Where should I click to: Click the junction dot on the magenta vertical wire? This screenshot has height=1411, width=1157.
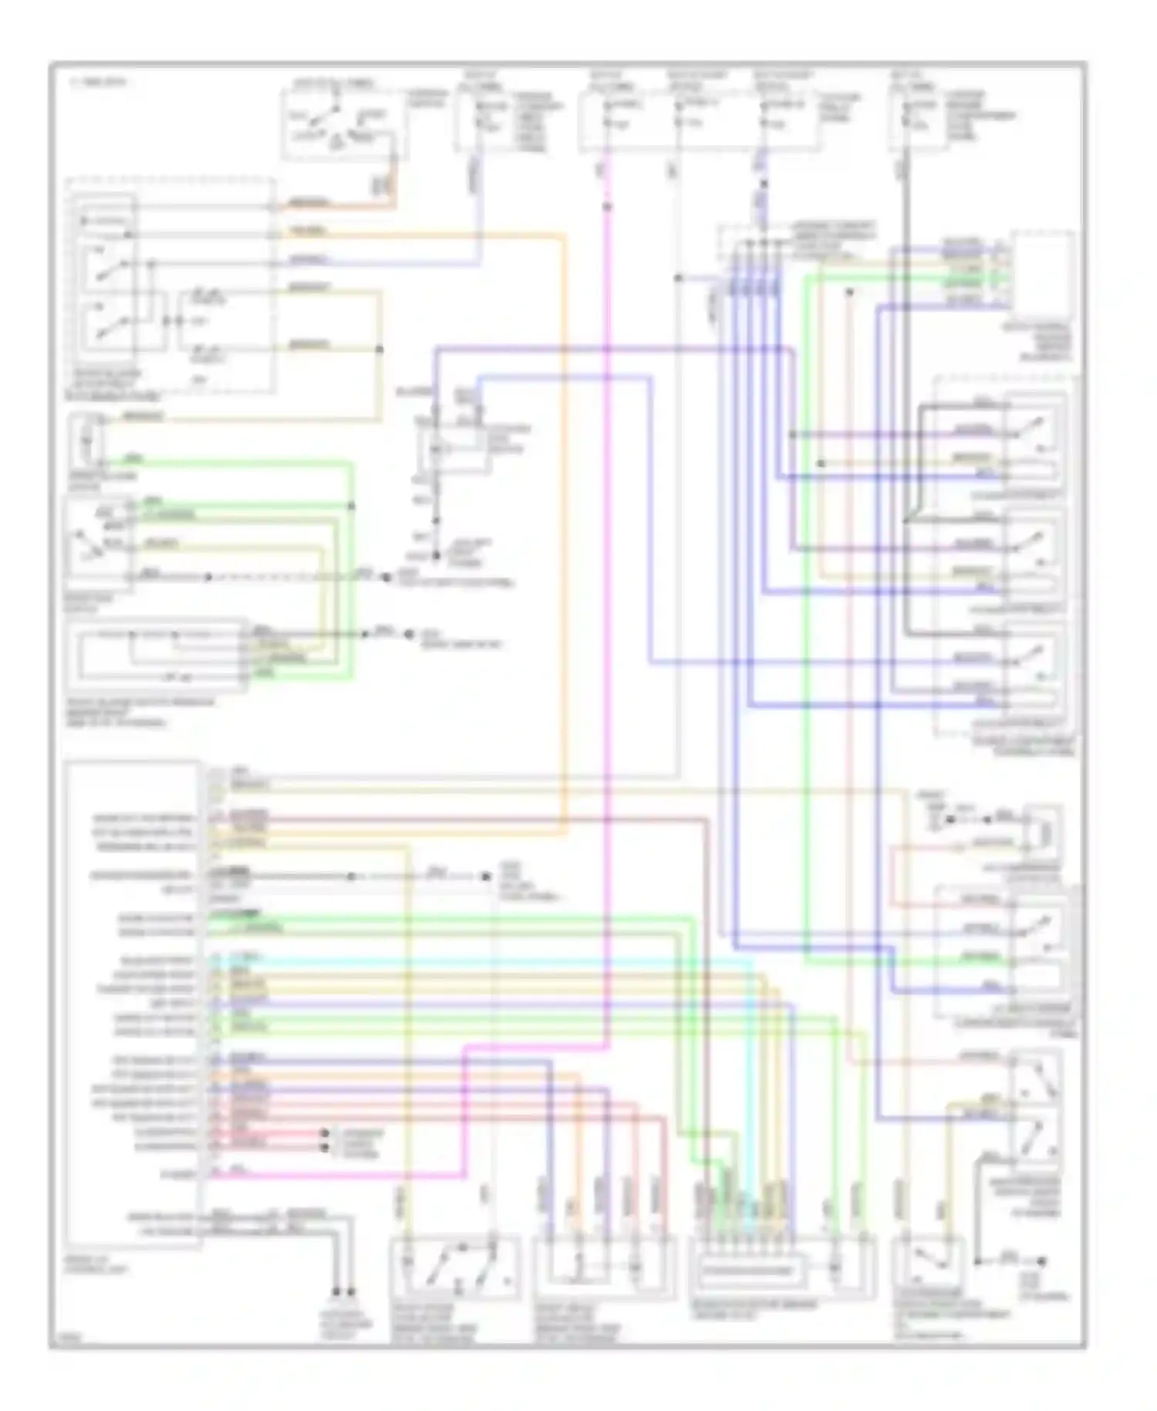pyautogui.click(x=607, y=207)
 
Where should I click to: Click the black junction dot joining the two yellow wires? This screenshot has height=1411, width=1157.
pyautogui.click(x=379, y=350)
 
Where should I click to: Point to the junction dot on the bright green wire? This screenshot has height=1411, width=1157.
pyautogui.click(x=352, y=506)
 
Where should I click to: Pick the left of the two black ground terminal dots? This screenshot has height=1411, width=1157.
pyautogui.click(x=336, y=1291)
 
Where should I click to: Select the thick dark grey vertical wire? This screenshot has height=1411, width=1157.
pyautogui.click(x=906, y=386)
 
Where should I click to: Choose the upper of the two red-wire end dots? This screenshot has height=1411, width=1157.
pyautogui.click(x=325, y=1133)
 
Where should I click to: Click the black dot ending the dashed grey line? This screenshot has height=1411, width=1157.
pyautogui.click(x=486, y=876)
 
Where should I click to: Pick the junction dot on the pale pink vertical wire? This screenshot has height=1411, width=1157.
pyautogui.click(x=848, y=293)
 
